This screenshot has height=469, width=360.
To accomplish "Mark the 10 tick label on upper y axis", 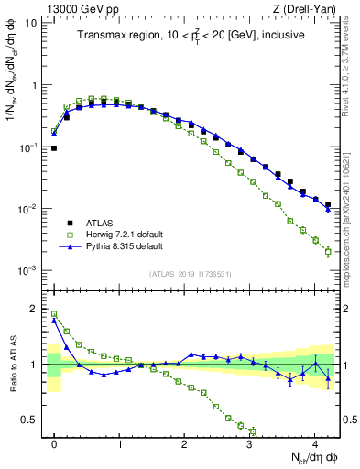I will tap(33, 23).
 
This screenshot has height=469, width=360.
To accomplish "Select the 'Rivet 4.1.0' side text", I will tap(353, 73).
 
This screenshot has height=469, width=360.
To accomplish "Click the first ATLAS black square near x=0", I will tap(54, 147).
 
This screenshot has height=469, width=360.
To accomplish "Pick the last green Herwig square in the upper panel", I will tap(328, 252).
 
